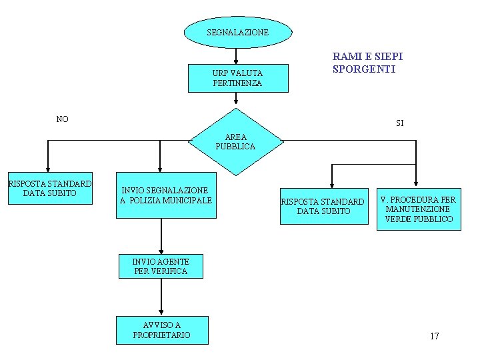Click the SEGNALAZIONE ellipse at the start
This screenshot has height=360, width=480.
click(x=237, y=32)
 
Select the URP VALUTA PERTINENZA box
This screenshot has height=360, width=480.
click(x=238, y=78)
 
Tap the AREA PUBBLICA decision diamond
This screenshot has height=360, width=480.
click(x=235, y=142)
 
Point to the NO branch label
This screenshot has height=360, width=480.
click(x=62, y=119)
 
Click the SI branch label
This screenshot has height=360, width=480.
click(x=399, y=123)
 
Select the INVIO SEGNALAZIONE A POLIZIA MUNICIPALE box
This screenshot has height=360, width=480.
click(x=166, y=195)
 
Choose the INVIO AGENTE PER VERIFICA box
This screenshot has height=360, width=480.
click(x=161, y=267)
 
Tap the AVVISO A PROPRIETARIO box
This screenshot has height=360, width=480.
click(x=162, y=330)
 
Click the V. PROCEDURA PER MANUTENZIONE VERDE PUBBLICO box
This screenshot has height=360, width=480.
click(x=418, y=209)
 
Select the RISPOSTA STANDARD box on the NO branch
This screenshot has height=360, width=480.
click(x=49, y=189)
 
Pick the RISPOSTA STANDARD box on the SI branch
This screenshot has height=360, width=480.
click(x=323, y=206)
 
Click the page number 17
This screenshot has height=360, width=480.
click(x=434, y=336)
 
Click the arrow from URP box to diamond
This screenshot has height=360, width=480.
click(x=236, y=99)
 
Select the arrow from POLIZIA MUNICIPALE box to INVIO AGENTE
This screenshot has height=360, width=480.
click(x=161, y=237)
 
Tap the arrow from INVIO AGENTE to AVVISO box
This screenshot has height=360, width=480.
click(x=161, y=297)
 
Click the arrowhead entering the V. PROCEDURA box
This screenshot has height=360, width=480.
click(x=416, y=184)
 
